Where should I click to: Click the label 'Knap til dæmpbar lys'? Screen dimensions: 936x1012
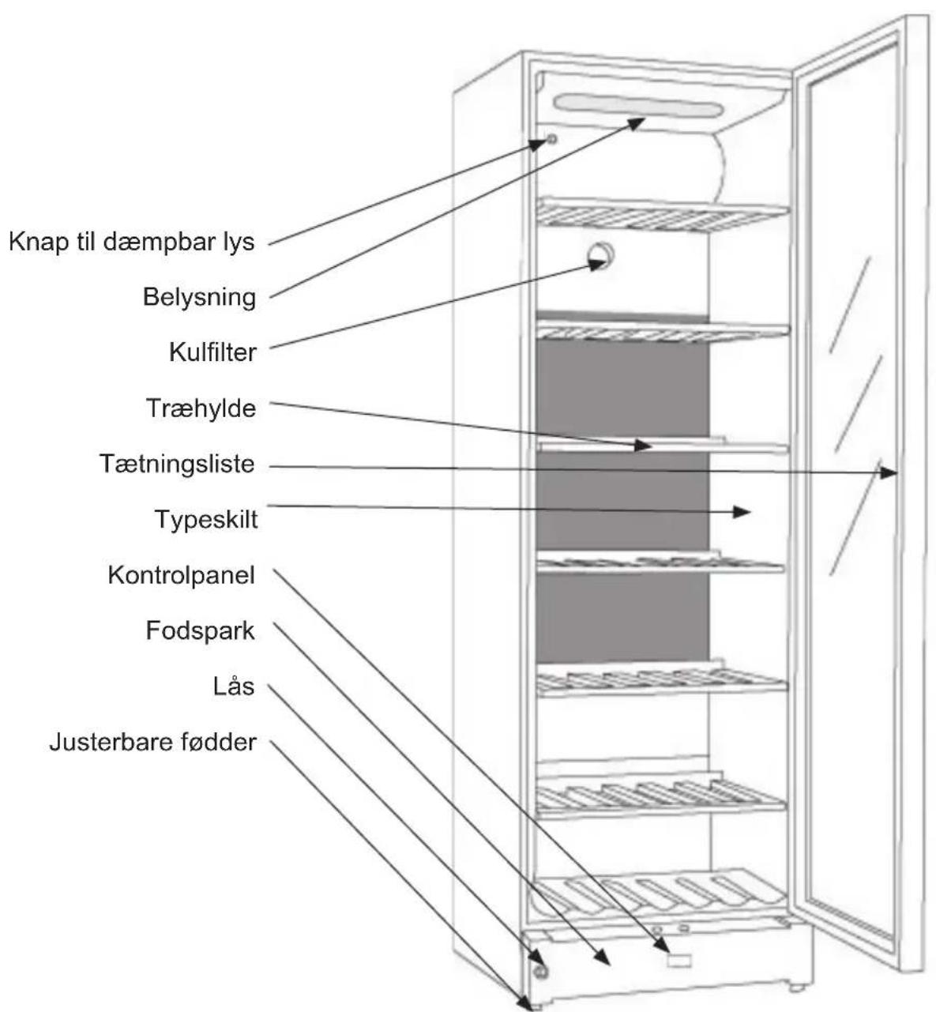click(x=131, y=243)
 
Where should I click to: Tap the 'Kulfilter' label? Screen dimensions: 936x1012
click(x=212, y=352)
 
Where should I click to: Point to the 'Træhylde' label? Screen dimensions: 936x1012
click(x=201, y=408)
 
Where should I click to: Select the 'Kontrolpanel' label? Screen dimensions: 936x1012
click(x=181, y=576)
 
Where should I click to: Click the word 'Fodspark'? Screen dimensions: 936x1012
click(x=200, y=631)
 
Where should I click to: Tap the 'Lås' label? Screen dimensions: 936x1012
click(x=233, y=686)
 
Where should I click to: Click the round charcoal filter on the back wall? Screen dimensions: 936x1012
click(x=600, y=256)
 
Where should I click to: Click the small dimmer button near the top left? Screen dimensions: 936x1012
click(x=551, y=138)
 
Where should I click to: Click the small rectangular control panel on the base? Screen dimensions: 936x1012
click(x=679, y=961)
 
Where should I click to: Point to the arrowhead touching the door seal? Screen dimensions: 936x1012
click(x=889, y=473)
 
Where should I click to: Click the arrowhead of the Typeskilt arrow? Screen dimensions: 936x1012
click(x=742, y=512)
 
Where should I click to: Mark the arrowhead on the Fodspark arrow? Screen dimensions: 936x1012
click(x=602, y=958)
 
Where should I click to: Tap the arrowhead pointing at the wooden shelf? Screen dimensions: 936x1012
click(x=644, y=446)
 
